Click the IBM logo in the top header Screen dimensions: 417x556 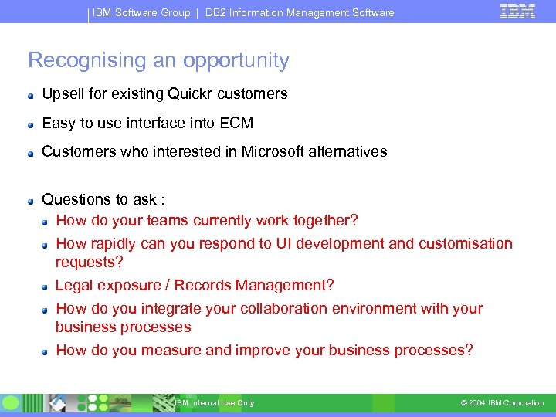pos(518,12)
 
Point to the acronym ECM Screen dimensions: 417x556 pos(236,123)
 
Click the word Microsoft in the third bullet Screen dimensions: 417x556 pos(276,151)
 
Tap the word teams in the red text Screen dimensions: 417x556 pos(168,221)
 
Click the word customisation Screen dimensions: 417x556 pos(465,244)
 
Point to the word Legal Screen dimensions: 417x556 pos(73,286)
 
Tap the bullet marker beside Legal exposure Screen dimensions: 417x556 pos(46,286)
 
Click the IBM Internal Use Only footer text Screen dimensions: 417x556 pos(214,403)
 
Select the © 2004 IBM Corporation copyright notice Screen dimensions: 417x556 pos(502,403)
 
